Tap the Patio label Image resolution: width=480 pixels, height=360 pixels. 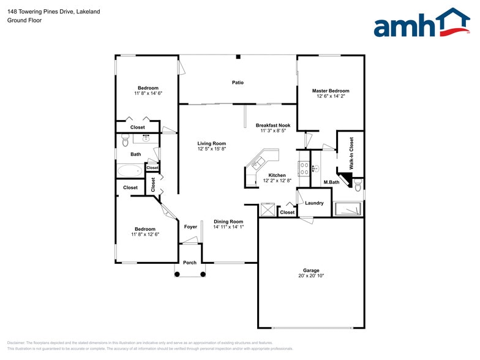tap(238, 82)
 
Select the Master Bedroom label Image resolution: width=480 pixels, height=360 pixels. tap(331, 91)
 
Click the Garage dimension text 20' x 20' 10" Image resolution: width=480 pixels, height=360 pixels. tap(311, 276)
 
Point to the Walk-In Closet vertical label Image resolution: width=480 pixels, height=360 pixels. tap(351, 153)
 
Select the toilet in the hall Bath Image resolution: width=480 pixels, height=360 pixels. tap(124, 140)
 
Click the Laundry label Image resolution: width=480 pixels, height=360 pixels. tap(314, 203)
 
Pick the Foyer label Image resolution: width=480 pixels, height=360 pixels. tap(190, 227)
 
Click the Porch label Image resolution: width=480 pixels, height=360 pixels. tap(190, 263)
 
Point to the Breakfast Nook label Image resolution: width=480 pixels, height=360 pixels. tap(273, 125)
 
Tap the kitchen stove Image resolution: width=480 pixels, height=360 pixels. tap(303, 168)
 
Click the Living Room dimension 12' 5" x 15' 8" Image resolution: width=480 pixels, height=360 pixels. tap(212, 149)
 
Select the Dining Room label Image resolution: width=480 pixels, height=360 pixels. tap(228, 222)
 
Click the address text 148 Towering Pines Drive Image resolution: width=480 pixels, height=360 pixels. tap(45, 12)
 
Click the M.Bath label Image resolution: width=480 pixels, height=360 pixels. tap(331, 182)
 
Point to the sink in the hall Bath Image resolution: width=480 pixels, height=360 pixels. tap(147, 138)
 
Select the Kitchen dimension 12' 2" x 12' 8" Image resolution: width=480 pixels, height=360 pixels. tap(274, 181)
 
